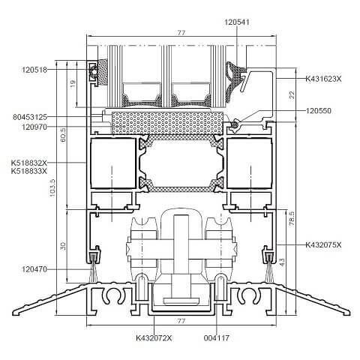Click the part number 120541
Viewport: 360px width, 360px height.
click(x=238, y=22)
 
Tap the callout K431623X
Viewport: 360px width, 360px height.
click(x=322, y=78)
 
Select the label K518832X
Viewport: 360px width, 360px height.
click(x=29, y=163)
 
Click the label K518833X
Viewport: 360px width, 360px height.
click(x=29, y=172)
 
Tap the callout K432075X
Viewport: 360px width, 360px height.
click(x=322, y=245)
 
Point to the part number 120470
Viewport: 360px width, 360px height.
click(x=34, y=268)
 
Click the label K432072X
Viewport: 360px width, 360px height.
click(x=154, y=338)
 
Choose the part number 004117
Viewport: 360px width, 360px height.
click(x=216, y=338)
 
